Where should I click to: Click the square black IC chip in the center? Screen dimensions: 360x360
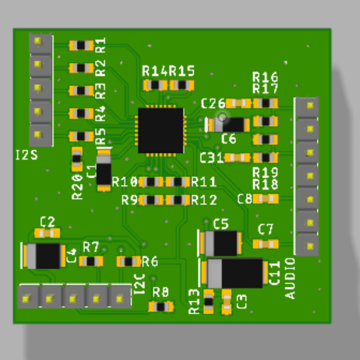tap(160, 130)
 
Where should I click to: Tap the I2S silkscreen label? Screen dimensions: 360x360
tap(26, 156)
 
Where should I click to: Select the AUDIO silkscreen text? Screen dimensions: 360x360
tap(290, 278)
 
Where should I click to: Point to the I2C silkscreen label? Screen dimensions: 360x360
tap(139, 283)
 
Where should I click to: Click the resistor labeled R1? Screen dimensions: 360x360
tap(80, 45)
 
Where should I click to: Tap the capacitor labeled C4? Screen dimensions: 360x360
tap(43, 256)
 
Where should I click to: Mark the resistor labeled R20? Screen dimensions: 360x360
tap(77, 158)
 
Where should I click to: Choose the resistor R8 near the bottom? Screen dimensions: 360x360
tap(161, 307)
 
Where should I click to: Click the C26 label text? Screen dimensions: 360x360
tap(213, 103)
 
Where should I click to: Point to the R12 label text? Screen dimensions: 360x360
tap(204, 200)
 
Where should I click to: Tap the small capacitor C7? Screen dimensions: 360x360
tap(266, 244)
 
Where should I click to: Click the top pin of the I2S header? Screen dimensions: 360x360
tap(40, 41)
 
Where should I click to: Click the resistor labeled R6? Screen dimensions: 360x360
tap(128, 261)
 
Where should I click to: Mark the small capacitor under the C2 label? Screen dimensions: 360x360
tap(47, 233)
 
